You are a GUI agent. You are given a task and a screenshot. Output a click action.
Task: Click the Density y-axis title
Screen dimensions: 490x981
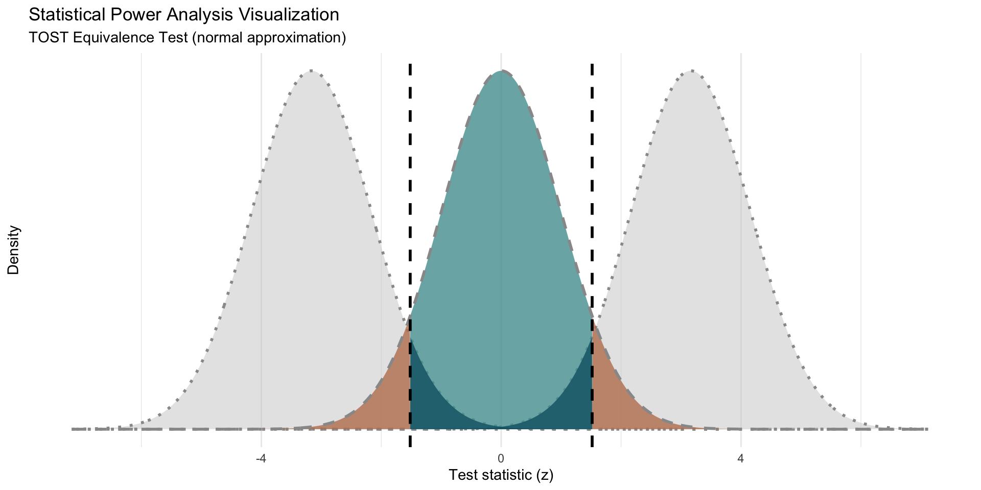coord(14,250)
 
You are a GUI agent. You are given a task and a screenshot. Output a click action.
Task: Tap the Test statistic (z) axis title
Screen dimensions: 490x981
coord(501,475)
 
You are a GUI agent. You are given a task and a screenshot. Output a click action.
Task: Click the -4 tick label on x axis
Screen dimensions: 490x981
coord(261,459)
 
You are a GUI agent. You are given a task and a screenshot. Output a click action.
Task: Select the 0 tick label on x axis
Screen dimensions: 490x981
coord(501,459)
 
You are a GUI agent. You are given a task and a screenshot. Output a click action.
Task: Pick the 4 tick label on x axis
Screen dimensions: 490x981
coord(741,459)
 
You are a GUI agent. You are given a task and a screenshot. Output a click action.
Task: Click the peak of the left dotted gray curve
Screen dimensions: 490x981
coord(311,71)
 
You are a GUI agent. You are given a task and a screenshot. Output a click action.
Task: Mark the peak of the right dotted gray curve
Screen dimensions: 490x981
coord(691,71)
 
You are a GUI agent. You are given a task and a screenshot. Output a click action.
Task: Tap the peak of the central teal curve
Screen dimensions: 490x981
coord(501,71)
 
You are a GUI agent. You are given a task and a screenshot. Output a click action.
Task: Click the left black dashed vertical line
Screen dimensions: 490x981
coord(410,204)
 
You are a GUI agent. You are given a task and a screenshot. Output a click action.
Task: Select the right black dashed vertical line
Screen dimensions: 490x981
coord(592,204)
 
